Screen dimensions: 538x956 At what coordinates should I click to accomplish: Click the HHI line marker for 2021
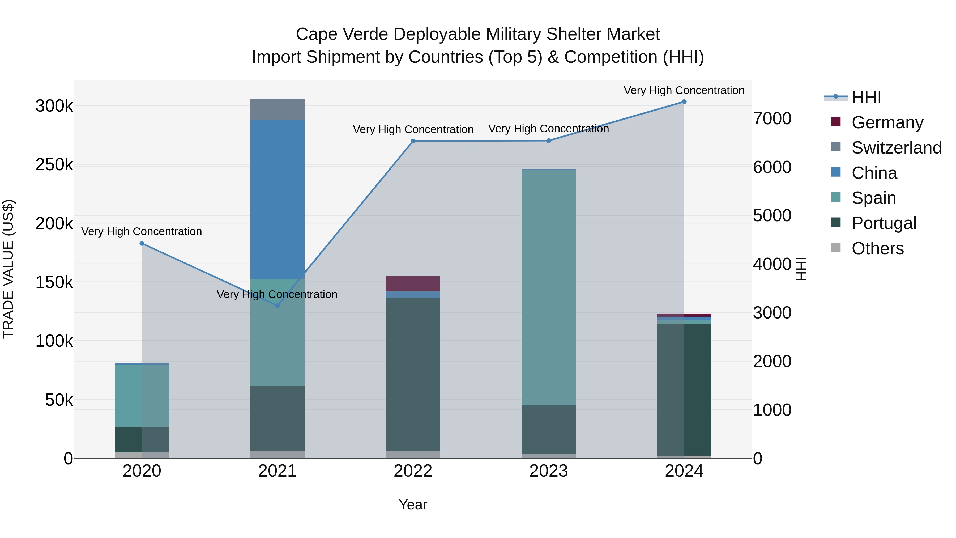pos(277,305)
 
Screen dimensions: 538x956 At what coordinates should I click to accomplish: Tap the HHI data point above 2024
pos(684,102)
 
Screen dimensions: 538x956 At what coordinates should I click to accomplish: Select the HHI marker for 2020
pos(142,244)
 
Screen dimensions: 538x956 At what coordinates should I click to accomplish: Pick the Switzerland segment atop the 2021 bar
pos(277,109)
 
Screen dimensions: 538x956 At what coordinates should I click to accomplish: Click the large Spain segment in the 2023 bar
pos(549,288)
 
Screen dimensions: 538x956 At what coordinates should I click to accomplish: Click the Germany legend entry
pos(887,122)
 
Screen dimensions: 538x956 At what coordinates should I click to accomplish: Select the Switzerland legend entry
pos(896,148)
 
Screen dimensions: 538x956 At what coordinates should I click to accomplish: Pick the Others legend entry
pos(877,248)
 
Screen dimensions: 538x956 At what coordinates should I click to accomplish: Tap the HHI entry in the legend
pos(866,97)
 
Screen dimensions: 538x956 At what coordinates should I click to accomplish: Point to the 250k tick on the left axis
pos(54,165)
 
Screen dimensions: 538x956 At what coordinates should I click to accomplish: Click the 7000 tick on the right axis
pos(772,119)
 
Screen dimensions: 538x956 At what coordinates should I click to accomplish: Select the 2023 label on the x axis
pos(549,471)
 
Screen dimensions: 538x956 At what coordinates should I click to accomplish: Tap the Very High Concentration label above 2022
pos(413,130)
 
